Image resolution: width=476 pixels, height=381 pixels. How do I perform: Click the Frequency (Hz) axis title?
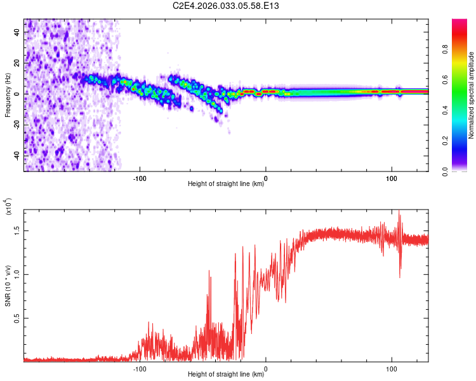tap(8, 95)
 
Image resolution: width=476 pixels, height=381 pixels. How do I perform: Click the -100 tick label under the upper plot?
tap(140, 177)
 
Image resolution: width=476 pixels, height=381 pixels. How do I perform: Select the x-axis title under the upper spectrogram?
tap(226, 184)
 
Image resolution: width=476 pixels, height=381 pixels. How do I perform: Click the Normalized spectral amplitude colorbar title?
tap(471, 95)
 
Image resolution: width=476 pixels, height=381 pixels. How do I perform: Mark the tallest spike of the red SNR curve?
tap(399, 211)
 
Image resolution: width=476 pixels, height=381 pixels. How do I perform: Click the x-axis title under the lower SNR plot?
tap(226, 375)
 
